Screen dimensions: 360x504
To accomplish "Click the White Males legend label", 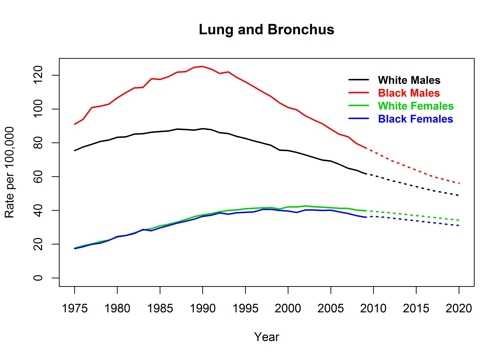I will tap(408, 80).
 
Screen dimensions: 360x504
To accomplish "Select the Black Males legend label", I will tap(408, 93).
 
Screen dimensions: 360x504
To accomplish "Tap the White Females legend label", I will tap(414, 106).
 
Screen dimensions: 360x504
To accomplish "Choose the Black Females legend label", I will tap(414, 119).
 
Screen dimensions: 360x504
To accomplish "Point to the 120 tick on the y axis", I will tap(43, 74).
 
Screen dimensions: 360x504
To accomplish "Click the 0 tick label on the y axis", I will tap(43, 278).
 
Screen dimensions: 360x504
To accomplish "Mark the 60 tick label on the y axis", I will tap(43, 176).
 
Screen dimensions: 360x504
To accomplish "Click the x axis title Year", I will tap(267, 337).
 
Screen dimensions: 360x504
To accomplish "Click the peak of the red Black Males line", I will tap(203, 66).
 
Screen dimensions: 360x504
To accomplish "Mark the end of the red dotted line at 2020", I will tap(459, 183).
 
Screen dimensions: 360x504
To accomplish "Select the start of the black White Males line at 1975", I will tap(75, 150).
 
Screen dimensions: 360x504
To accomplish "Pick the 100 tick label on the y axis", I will tap(43, 108).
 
